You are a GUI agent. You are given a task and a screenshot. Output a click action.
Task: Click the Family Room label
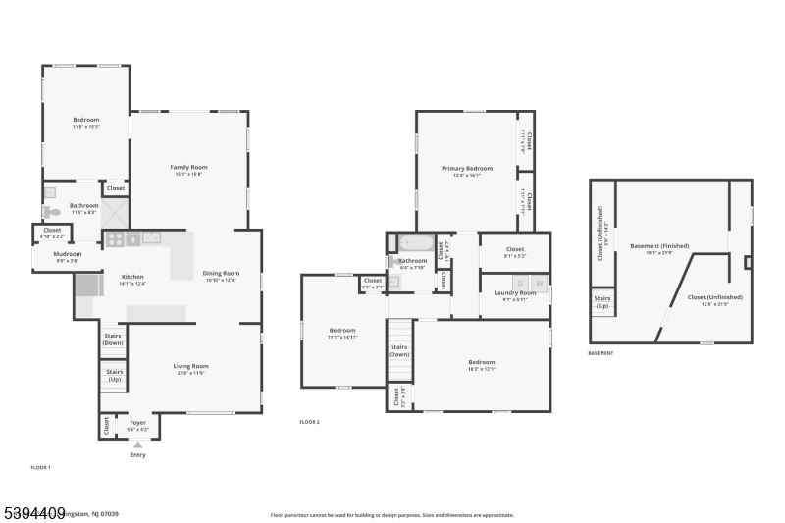pyautogui.click(x=188, y=168)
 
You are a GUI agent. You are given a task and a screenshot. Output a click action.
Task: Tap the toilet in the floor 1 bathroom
pyautogui.click(x=52, y=212)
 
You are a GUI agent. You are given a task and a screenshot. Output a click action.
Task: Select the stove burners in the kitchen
pyautogui.click(x=116, y=238)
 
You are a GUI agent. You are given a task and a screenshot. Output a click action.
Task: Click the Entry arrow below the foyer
pyautogui.click(x=137, y=445)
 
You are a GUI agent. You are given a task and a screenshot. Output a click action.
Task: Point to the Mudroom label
pyautogui.click(x=68, y=254)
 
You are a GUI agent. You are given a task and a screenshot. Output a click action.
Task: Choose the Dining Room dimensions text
pyautogui.click(x=221, y=280)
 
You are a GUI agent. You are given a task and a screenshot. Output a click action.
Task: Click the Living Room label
pyautogui.click(x=192, y=366)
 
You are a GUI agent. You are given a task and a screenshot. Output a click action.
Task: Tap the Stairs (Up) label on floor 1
pyautogui.click(x=114, y=375)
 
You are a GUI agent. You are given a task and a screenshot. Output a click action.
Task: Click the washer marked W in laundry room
pyautogui.click(x=538, y=284)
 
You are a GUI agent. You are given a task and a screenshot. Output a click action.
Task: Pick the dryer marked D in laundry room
pyautogui.click(x=521, y=284)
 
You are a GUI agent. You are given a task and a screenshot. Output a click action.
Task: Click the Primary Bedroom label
pyautogui.click(x=467, y=168)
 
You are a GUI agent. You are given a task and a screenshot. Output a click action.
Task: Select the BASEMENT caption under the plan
pyautogui.click(x=601, y=353)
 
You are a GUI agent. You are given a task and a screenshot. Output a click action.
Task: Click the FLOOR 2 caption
pyautogui.click(x=310, y=422)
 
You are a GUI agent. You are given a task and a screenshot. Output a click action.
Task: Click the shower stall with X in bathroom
pyautogui.click(x=116, y=211)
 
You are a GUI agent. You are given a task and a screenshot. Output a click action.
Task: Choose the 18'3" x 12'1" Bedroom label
pyautogui.click(x=481, y=365)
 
